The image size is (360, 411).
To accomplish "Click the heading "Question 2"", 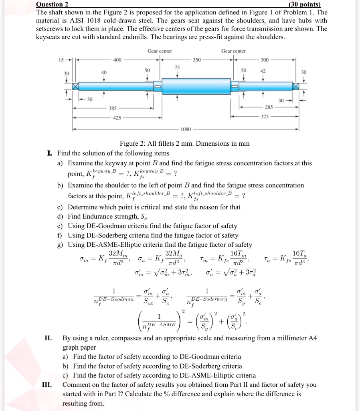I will (x=52, y=4).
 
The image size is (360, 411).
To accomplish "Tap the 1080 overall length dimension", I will (x=186, y=129).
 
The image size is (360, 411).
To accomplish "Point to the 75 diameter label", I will (x=177, y=67).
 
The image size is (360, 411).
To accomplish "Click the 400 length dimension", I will (x=117, y=60).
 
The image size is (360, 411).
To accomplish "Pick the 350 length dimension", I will (x=197, y=60).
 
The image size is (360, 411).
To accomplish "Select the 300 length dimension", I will (x=265, y=60).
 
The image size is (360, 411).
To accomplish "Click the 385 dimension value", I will (x=113, y=108).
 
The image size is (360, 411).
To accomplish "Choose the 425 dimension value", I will (x=117, y=118).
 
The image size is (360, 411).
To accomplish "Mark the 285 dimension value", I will (x=269, y=108).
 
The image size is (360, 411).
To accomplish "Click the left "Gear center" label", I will (x=160, y=51).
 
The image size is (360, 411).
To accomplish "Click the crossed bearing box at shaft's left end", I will (x=75, y=86).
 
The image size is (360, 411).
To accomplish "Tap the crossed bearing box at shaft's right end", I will (x=295, y=86).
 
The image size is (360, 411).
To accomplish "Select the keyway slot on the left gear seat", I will (x=158, y=86).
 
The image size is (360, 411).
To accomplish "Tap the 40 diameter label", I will (x=104, y=72).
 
